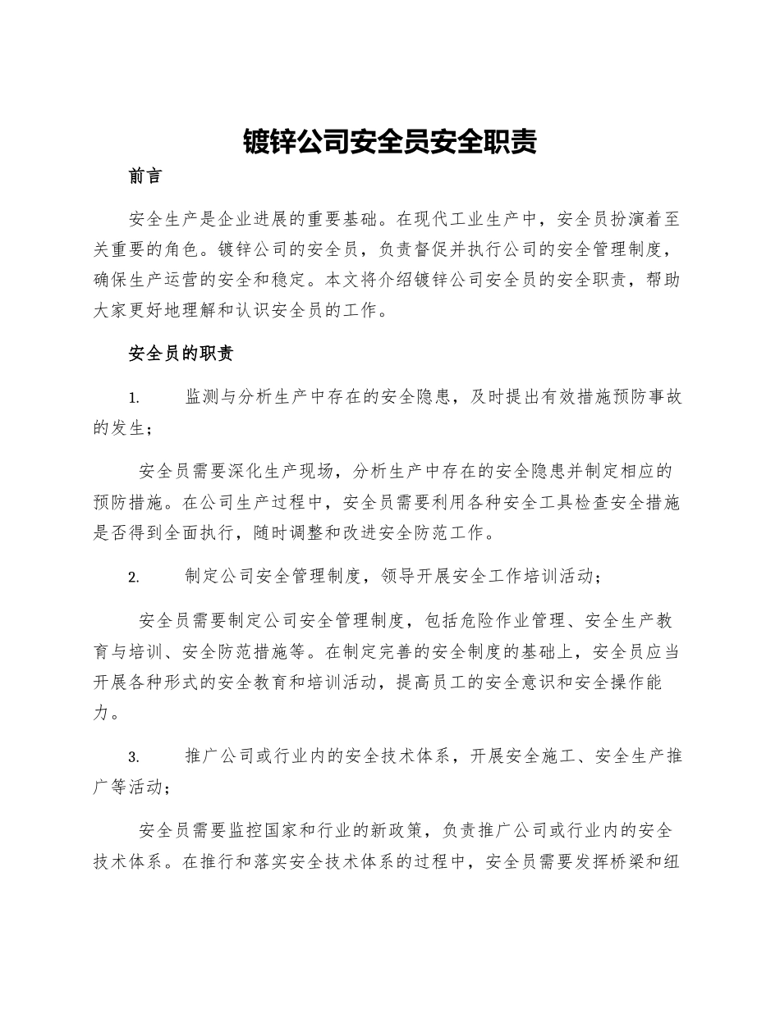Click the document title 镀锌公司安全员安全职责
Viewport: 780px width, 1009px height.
pyautogui.click(x=390, y=142)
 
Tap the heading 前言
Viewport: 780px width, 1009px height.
pyautogui.click(x=146, y=176)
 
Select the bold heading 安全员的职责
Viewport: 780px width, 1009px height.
pyautogui.click(x=181, y=354)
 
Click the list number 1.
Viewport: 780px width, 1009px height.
pyautogui.click(x=134, y=399)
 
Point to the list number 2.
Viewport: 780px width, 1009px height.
pyautogui.click(x=134, y=577)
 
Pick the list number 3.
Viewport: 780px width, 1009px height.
pyautogui.click(x=134, y=756)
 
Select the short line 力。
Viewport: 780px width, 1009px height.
pyautogui.click(x=108, y=712)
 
